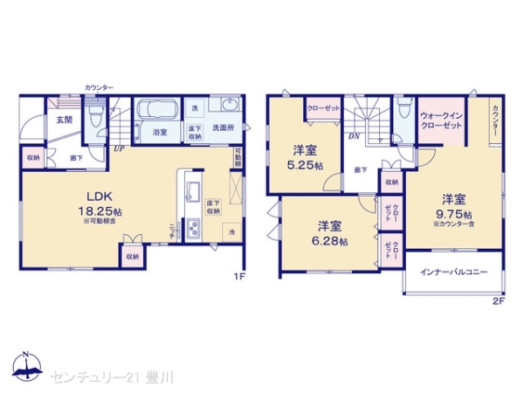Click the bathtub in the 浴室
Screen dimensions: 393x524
(159, 112)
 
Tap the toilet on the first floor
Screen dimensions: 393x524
(103, 113)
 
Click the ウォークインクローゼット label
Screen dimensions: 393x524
(440, 121)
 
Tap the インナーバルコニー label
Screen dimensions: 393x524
(453, 272)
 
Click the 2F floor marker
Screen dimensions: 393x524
(499, 301)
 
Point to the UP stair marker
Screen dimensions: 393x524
(117, 148)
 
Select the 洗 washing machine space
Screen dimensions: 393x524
(196, 107)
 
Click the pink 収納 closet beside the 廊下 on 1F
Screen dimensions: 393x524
(31, 157)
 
